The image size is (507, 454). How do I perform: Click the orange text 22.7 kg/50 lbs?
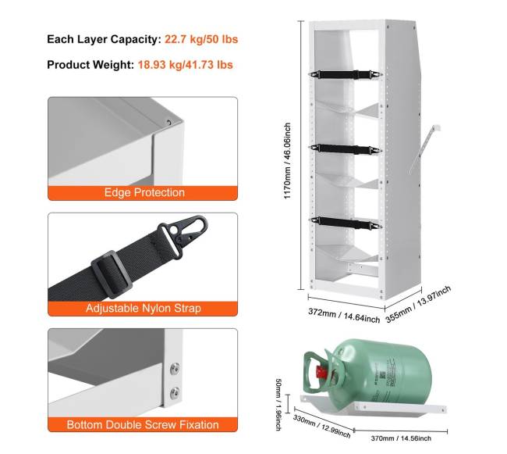(x=201, y=39)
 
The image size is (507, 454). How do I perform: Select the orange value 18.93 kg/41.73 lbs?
(x=186, y=65)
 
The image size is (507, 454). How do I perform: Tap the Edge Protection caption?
(x=144, y=192)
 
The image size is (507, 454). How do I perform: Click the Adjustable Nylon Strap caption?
(x=144, y=308)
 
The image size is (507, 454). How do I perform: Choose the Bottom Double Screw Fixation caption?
(x=143, y=424)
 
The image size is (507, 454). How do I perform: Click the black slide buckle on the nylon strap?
(x=112, y=274)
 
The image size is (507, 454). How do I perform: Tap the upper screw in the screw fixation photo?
(x=175, y=369)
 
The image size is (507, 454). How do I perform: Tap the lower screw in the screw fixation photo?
(x=175, y=393)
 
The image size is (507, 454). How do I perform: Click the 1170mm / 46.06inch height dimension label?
(x=287, y=161)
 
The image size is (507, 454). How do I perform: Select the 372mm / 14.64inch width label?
(x=344, y=316)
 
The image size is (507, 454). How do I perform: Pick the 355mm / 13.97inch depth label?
(x=418, y=305)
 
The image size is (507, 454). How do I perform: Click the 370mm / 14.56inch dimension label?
(x=401, y=438)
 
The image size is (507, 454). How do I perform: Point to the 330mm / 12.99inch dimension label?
(x=321, y=426)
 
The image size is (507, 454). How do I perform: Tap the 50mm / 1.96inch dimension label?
(x=278, y=405)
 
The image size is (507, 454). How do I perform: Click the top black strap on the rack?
(x=346, y=75)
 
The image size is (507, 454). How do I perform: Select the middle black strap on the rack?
(x=346, y=149)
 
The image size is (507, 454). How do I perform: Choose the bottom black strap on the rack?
(x=346, y=223)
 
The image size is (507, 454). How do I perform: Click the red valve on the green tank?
(x=320, y=372)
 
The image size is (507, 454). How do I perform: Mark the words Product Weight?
(x=90, y=65)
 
